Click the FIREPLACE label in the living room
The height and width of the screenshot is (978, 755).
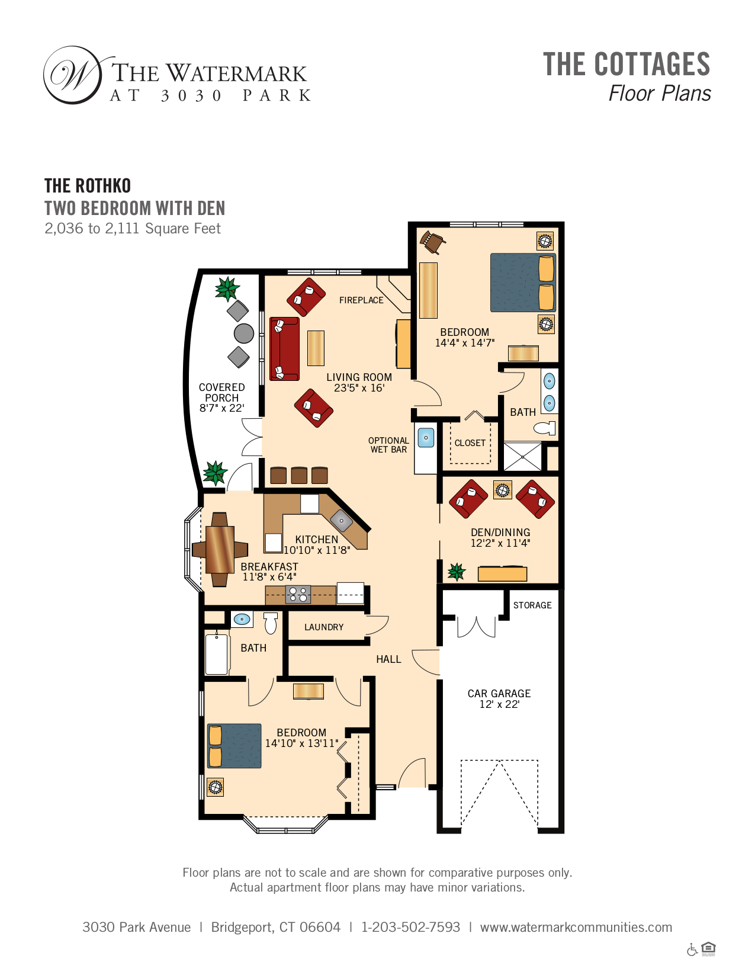pos(361,300)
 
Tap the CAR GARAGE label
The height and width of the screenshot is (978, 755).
pos(499,694)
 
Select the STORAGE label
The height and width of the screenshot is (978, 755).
pos(532,605)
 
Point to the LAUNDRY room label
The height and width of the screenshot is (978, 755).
pos(324,627)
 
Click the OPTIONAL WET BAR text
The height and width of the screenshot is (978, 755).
pos(388,445)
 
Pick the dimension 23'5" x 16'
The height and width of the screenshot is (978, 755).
pos(359,388)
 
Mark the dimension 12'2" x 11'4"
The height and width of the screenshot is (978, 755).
pos(500,543)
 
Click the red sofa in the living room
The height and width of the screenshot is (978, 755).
pos(284,349)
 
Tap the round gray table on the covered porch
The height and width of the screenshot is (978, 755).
pos(244,334)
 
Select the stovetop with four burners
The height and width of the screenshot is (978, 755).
pos(298,595)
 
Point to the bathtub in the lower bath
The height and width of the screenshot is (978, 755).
pos(216,654)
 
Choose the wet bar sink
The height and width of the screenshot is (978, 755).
pos(426,437)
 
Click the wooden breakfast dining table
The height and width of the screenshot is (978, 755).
pos(220,550)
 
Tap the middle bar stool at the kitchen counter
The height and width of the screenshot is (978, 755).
pos(299,475)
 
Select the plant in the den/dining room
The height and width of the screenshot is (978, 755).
pos(456,572)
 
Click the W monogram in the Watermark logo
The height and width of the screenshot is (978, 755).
pos(73,75)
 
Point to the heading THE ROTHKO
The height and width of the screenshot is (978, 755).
pos(88,186)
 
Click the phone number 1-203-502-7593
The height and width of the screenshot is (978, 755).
pos(411,927)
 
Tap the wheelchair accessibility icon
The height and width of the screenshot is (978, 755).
pos(692,950)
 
